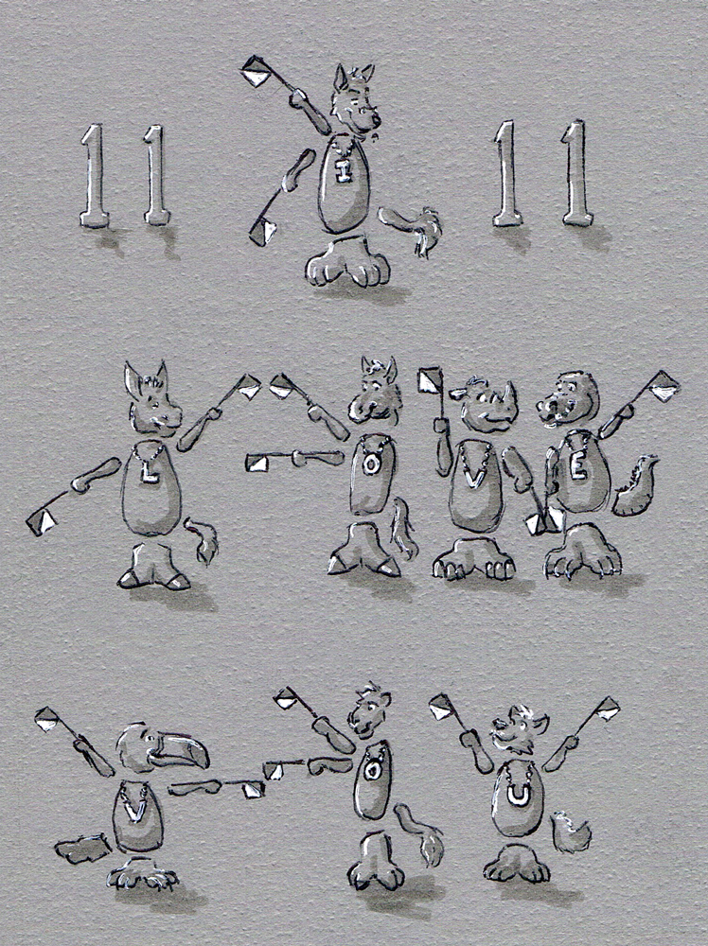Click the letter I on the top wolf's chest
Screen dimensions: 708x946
coord(344,172)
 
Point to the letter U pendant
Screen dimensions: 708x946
coord(517,796)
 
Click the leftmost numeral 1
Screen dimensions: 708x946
coord(94,176)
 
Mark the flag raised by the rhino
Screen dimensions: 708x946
coord(431,380)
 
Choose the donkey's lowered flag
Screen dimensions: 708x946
coord(41,521)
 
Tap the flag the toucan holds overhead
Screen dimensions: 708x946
coord(47,719)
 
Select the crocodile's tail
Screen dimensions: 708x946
coord(635,486)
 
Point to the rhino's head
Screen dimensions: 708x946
coord(489,404)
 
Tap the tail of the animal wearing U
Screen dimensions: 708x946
coord(571,832)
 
